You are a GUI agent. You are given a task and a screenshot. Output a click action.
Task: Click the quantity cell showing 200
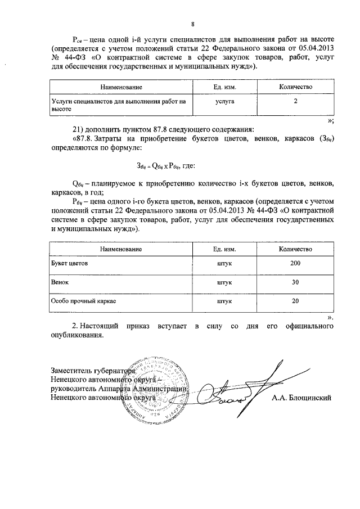point(295,263)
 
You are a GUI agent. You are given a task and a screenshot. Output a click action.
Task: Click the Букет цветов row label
point(69,263)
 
